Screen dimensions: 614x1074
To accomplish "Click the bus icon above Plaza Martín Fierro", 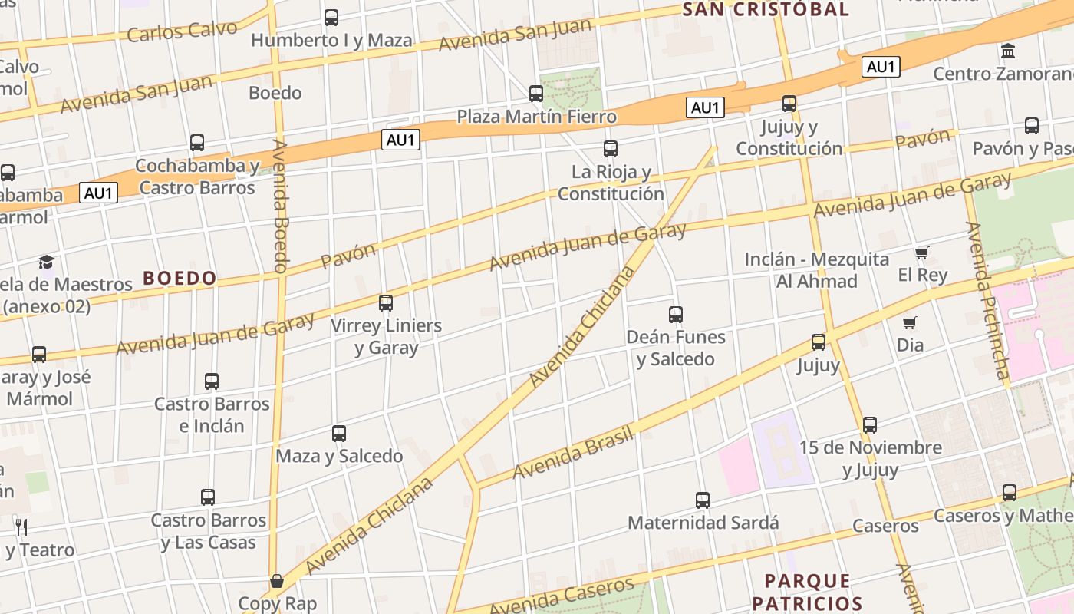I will (536, 94).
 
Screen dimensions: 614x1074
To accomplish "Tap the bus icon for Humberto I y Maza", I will (331, 17).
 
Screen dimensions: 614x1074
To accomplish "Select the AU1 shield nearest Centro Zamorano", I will (881, 67).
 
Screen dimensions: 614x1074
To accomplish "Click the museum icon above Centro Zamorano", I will (1008, 51).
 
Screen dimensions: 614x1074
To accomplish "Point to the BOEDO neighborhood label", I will (180, 278).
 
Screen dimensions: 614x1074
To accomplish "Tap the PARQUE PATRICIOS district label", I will (808, 592).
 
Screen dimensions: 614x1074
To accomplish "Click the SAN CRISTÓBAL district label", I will (765, 9).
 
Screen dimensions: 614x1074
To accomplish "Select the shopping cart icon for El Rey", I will (922, 253).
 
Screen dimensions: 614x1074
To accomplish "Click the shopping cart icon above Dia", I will (910, 322).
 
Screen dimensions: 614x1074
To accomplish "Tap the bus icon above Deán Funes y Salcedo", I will (676, 314).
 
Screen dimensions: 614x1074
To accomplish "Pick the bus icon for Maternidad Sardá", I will (703, 500).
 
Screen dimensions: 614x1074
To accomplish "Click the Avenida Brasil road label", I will (573, 453).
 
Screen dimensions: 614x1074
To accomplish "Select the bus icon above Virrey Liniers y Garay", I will (386, 303).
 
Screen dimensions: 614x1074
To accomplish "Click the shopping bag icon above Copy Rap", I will (277, 581).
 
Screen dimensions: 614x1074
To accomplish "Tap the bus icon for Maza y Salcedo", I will (339, 434).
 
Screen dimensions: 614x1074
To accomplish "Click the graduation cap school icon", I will (47, 262).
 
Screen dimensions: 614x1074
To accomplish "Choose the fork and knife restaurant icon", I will (21, 527).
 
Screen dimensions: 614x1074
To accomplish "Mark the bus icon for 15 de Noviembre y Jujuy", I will (870, 424).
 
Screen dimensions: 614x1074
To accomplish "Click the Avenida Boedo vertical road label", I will (280, 206).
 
